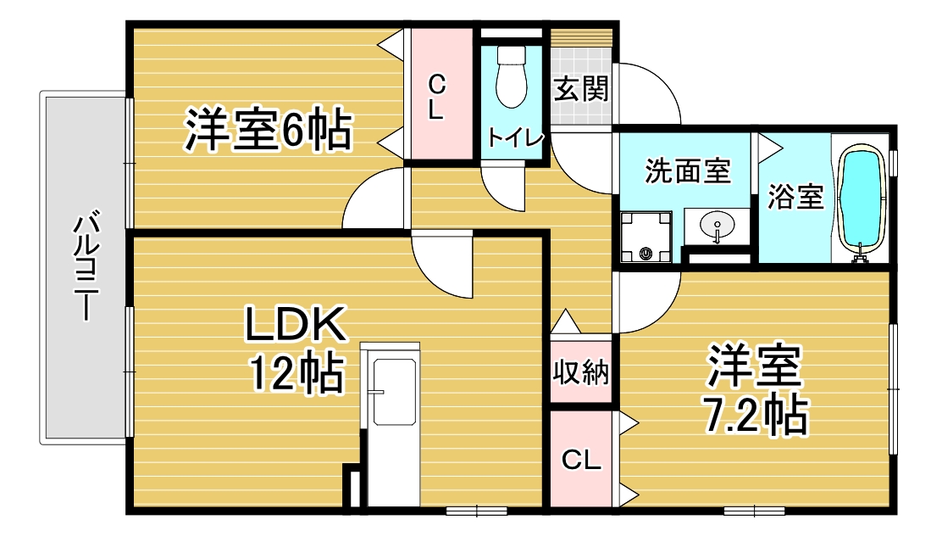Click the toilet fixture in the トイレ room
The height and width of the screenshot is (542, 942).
click(x=512, y=76)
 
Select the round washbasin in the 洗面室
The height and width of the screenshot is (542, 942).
click(x=718, y=227)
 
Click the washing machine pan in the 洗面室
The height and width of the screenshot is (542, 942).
click(x=646, y=237)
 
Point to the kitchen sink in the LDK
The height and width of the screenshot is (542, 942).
click(x=394, y=392)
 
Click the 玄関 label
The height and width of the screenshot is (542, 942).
click(x=581, y=89)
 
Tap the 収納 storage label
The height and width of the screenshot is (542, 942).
click(x=581, y=372)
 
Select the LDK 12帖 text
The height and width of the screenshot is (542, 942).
click(x=296, y=349)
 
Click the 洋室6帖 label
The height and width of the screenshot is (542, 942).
click(x=268, y=129)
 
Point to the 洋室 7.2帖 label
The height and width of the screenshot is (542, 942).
click(x=755, y=388)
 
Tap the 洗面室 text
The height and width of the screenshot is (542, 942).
click(x=688, y=170)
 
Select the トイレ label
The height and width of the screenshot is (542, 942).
click(x=515, y=137)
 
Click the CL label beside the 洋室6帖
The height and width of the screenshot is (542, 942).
click(x=437, y=97)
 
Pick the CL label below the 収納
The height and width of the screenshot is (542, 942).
click(x=581, y=461)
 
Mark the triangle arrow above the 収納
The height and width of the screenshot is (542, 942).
click(x=566, y=321)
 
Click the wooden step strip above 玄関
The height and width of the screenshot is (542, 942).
click(x=582, y=36)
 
